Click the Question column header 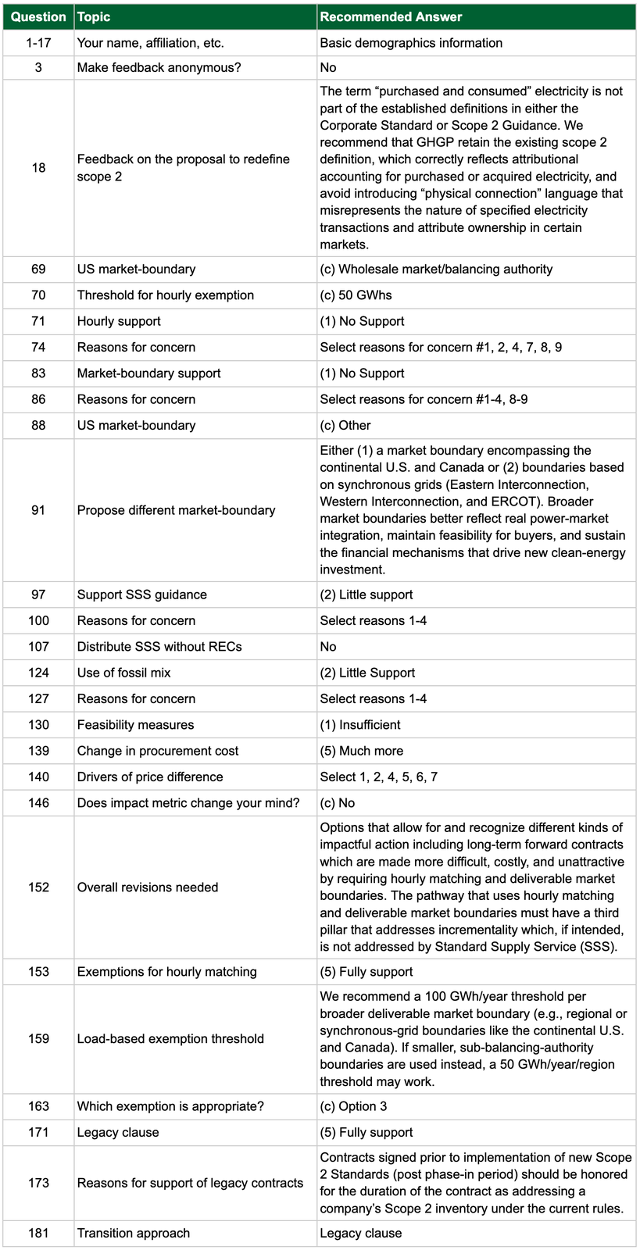tap(38, 16)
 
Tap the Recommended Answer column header tap(391, 16)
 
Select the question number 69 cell tap(38, 270)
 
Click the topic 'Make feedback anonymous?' tap(159, 68)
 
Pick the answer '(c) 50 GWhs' tap(356, 295)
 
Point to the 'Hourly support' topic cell tap(119, 321)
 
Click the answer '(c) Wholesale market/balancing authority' tap(436, 270)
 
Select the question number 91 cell tap(38, 510)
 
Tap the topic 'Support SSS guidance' tap(141, 595)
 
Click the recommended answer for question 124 tap(367, 673)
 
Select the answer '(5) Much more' tap(362, 751)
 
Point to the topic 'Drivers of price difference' tap(150, 777)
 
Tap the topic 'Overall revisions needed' tap(148, 887)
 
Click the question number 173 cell tap(38, 1183)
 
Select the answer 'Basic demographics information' tap(411, 43)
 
